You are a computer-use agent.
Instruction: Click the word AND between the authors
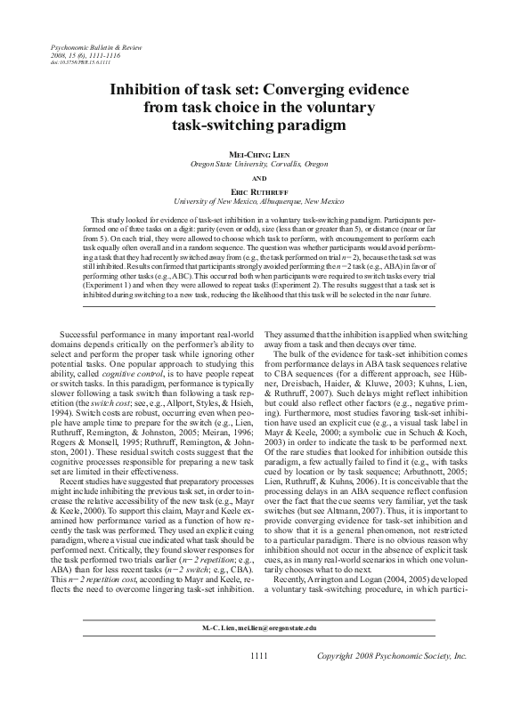[256, 177]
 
